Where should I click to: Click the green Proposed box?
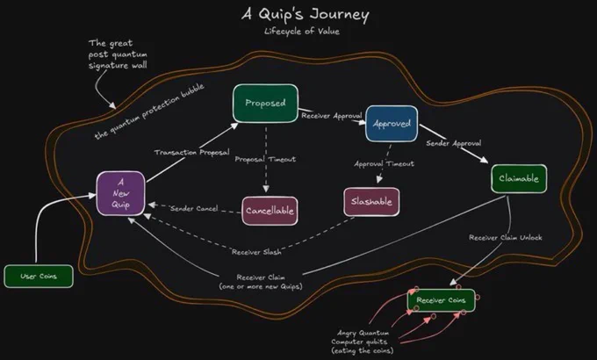(265, 104)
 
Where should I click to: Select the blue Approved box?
(392, 124)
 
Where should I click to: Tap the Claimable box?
(519, 178)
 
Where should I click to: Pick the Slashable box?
(371, 202)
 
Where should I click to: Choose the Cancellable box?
(270, 211)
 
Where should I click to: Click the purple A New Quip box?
(120, 193)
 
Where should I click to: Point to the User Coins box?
(39, 277)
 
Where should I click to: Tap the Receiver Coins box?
(442, 300)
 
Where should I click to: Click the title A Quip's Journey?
(306, 14)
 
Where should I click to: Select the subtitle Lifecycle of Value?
(302, 32)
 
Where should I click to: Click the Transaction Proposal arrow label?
(192, 153)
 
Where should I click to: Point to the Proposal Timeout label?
(265, 159)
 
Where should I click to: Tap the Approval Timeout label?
(385, 164)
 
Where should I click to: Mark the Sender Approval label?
(454, 143)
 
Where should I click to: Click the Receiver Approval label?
(332, 115)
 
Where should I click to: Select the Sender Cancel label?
(194, 208)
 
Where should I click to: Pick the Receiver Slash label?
(256, 252)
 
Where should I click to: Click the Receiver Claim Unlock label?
(505, 237)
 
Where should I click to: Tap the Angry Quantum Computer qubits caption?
(362, 342)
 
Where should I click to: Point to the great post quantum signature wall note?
(118, 54)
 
